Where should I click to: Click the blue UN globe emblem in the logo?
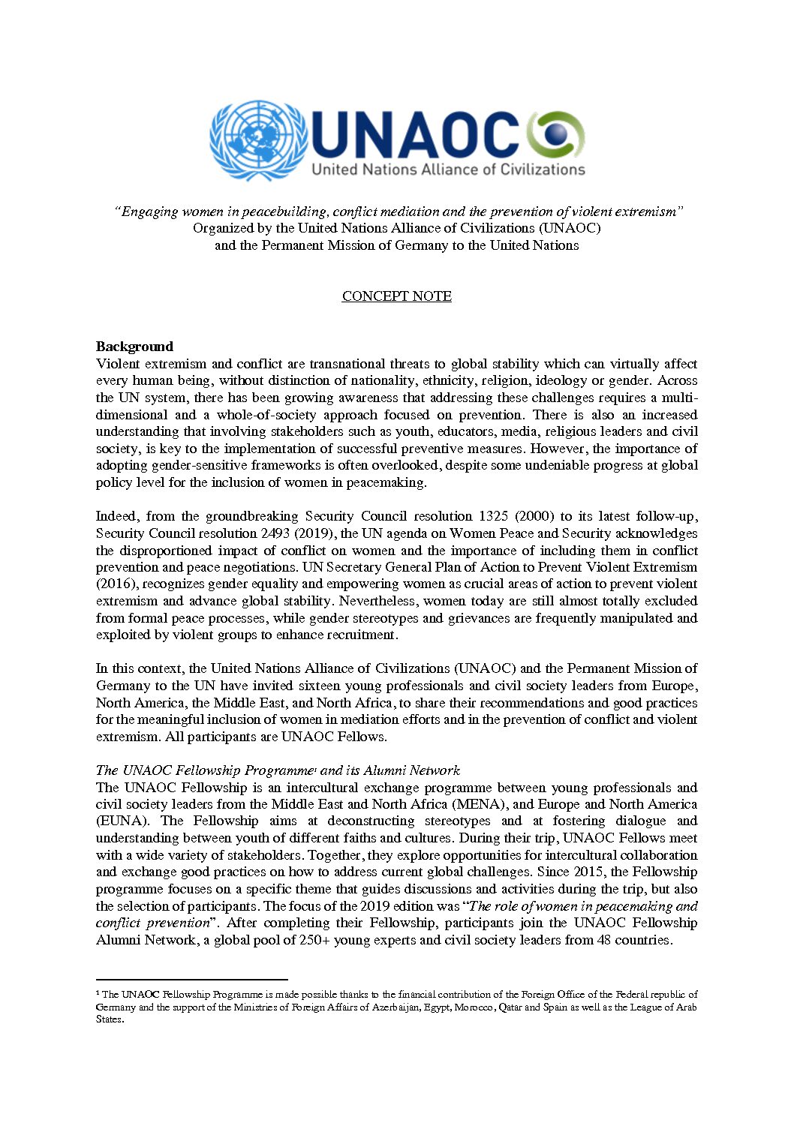(x=258, y=141)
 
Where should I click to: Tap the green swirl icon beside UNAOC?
(x=555, y=135)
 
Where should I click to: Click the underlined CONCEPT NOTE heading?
(x=396, y=296)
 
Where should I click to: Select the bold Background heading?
(x=134, y=347)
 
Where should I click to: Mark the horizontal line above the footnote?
(x=192, y=979)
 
